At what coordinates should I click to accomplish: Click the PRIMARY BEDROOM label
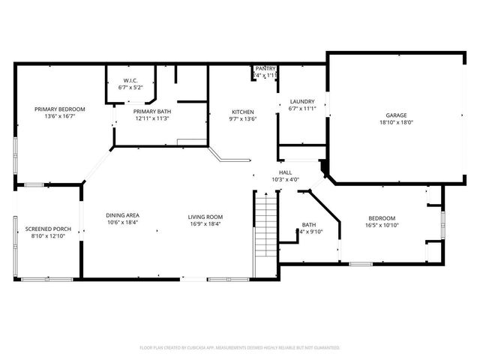60,109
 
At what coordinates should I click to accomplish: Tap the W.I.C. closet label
130,81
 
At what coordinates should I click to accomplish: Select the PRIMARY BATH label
152,111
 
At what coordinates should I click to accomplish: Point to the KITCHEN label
243,112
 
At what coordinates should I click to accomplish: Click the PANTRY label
265,68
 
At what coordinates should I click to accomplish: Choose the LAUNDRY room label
302,102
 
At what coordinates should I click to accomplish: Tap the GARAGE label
397,115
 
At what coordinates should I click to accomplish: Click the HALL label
285,172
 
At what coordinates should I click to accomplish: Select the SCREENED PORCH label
48,229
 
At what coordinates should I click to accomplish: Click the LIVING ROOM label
205,217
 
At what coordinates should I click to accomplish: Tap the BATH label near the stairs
309,225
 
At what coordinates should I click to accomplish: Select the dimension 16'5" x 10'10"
382,225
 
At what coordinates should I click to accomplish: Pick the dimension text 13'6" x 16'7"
60,117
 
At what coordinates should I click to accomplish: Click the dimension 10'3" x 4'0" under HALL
285,180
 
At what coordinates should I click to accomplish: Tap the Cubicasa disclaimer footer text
240,348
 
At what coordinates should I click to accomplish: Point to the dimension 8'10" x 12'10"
48,236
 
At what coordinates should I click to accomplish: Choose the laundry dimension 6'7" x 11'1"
302,109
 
